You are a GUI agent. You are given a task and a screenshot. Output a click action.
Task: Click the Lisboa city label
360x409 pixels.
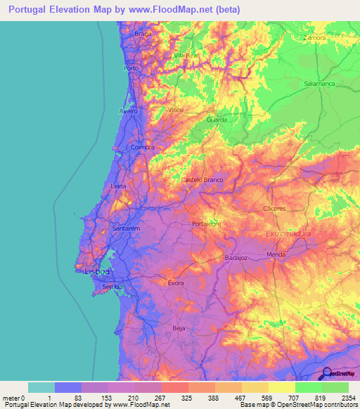[x=97, y=271]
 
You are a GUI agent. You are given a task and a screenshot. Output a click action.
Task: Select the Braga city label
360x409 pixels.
[x=143, y=34]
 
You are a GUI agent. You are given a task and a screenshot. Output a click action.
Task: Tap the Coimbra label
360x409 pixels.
[x=143, y=148]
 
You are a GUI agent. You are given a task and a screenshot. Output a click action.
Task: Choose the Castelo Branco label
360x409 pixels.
[x=202, y=180]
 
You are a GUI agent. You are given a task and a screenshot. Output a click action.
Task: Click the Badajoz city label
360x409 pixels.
[x=237, y=258]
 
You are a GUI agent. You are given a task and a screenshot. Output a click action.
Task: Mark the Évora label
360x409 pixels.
[x=176, y=283]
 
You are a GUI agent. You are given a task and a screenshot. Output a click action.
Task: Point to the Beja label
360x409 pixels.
[x=179, y=328]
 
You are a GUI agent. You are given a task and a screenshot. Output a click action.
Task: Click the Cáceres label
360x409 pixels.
[x=274, y=209]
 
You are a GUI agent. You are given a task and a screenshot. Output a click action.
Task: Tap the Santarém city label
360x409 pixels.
[x=127, y=229]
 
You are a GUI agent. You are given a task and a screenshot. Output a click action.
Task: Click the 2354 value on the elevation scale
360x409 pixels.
[x=348, y=398]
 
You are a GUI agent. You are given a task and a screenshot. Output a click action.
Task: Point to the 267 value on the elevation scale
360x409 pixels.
[x=161, y=398]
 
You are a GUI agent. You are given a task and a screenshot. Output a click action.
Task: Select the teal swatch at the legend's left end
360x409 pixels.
[x=41, y=387]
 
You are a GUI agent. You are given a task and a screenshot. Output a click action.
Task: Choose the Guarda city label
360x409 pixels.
[x=217, y=119]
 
